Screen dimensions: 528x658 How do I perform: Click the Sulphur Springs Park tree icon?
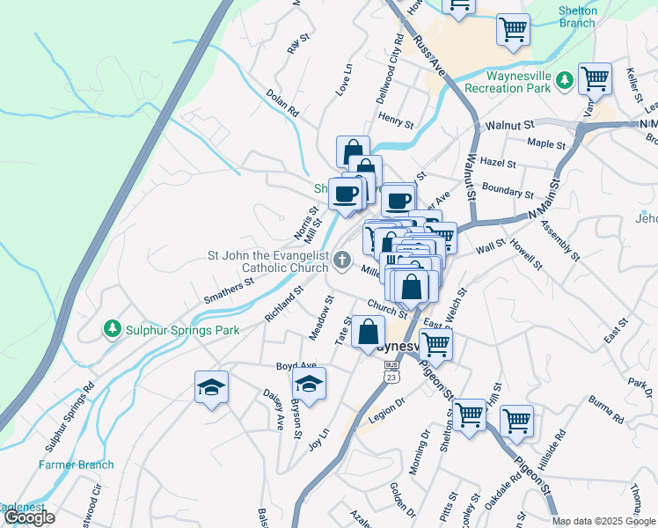112,329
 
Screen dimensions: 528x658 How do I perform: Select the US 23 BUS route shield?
391,371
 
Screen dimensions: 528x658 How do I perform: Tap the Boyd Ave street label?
296,365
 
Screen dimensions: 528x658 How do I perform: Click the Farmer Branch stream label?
76,465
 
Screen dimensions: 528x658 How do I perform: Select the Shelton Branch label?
577,17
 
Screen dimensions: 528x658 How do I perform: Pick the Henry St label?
396,117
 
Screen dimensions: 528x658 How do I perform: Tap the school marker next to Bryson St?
309,385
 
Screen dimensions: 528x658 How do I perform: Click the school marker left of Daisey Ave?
211,387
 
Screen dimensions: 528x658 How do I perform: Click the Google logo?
29,517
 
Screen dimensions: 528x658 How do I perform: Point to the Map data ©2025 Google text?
603,521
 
